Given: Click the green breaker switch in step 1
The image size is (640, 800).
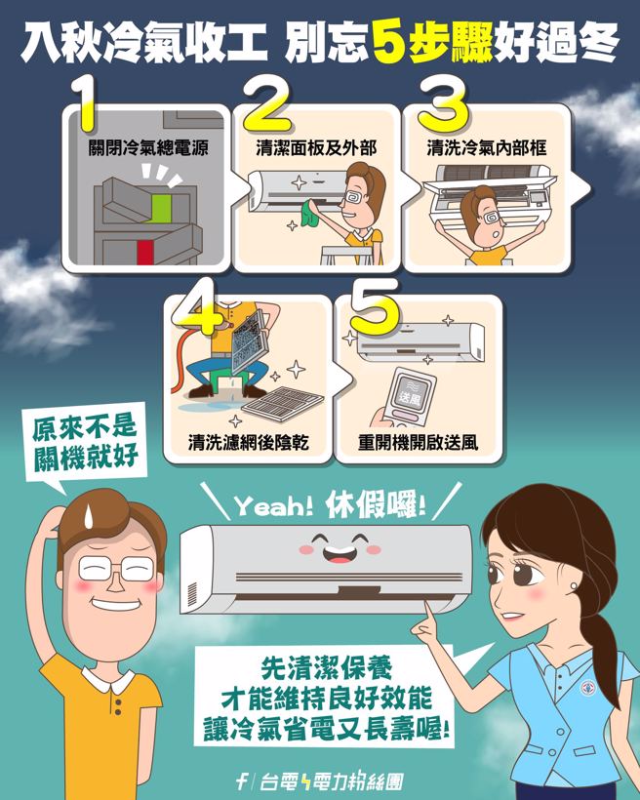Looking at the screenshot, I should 161,206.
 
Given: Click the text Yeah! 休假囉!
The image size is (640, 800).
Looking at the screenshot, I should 330,506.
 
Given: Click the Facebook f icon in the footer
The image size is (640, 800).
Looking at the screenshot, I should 241,780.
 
